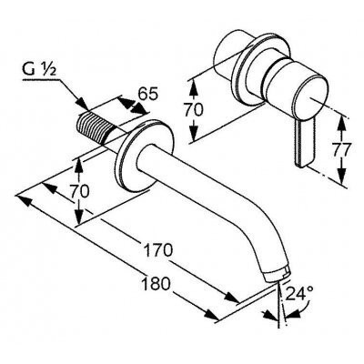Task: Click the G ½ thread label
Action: (39, 70)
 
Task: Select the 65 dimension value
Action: (148, 95)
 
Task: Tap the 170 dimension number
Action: (157, 250)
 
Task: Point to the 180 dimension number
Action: (156, 284)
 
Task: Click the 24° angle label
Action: (299, 293)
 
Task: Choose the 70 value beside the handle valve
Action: (193, 110)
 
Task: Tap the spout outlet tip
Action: (277, 272)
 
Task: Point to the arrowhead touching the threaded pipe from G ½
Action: (82, 104)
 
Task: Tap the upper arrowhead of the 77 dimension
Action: (341, 123)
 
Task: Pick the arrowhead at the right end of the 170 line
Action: (231, 298)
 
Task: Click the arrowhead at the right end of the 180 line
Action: (211, 315)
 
